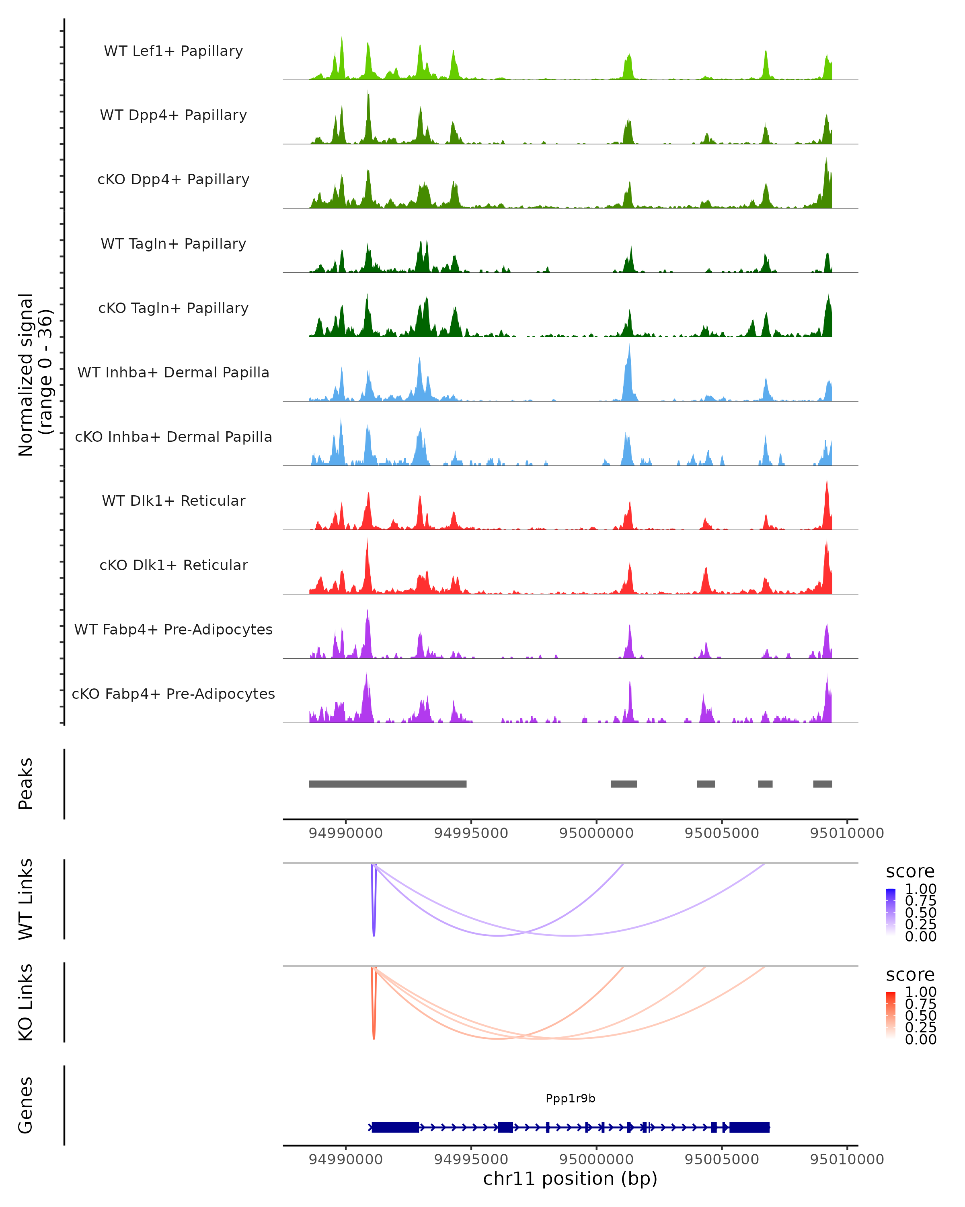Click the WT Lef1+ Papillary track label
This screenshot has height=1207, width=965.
173,51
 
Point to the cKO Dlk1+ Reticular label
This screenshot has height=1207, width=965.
173,565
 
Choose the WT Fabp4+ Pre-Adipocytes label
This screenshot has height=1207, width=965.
173,629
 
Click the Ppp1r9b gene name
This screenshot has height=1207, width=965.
570,1098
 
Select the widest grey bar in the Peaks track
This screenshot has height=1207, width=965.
388,784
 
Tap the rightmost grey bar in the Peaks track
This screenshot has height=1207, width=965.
822,784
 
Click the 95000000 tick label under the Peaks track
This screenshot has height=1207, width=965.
596,833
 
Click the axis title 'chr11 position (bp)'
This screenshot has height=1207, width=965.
570,1179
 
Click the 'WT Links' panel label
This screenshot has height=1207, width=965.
26,899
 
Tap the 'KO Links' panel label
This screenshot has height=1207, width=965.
26,1002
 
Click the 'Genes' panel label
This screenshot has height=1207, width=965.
26,1105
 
